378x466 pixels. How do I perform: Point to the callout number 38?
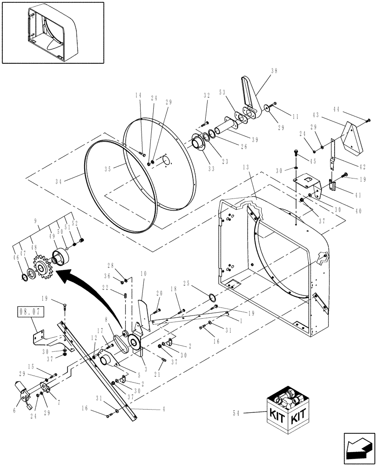tap(274, 71)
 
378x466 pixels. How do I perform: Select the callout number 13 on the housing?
tap(247, 167)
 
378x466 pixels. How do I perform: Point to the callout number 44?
tap(350, 109)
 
